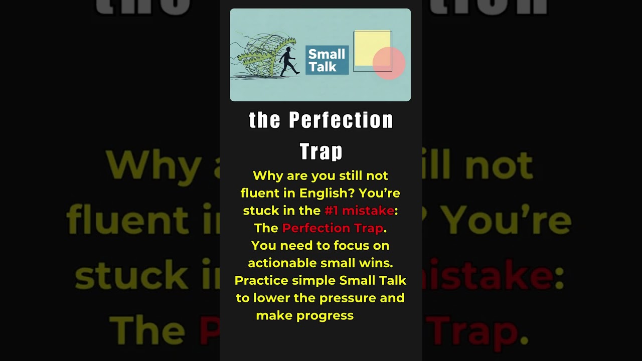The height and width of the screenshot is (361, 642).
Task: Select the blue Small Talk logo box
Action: pos(327,60)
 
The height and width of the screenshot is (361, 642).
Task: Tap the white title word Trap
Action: pos(321,151)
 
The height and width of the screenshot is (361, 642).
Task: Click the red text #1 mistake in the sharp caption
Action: pos(359,211)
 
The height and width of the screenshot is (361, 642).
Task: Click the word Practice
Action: pos(261,280)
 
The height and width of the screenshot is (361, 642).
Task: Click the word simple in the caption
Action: pos(313,280)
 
